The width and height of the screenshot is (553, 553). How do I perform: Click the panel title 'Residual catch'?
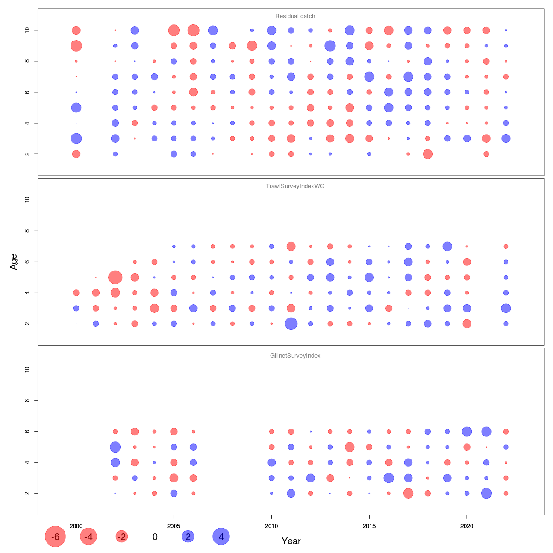coord(295,16)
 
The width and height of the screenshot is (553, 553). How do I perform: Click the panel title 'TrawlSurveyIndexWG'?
coord(295,186)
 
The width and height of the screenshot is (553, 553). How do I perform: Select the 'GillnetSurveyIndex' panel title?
coord(295,356)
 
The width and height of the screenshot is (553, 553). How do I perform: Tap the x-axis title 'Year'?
coord(291,541)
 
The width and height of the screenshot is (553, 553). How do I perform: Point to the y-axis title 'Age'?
coord(14,262)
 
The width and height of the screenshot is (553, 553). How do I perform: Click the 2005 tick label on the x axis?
coord(174,526)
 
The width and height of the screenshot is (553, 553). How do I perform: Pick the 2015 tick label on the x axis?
coord(369,526)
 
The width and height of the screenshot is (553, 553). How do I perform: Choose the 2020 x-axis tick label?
coord(467,526)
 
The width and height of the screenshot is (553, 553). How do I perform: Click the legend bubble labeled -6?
coord(55,537)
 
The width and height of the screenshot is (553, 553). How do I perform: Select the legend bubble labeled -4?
coord(88,537)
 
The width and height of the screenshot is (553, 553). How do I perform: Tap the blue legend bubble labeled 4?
coord(221,537)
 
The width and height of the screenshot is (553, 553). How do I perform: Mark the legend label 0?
coord(155,537)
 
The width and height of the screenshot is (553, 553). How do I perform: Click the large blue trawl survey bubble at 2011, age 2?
coord(291,324)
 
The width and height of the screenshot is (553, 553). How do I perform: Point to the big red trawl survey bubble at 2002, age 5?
coord(115,277)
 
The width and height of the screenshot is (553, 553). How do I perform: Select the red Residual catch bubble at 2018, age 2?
coord(428,154)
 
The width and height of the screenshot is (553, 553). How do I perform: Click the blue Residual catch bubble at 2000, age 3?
coord(76,138)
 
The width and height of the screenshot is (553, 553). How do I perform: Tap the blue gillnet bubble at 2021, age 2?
coord(486,493)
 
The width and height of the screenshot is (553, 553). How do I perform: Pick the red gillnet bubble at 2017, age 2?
coord(408,493)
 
